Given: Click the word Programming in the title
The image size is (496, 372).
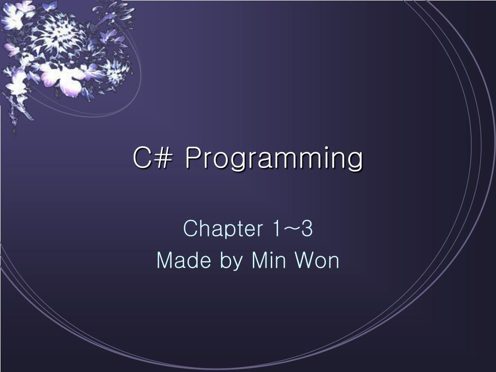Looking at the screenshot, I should tap(274, 159).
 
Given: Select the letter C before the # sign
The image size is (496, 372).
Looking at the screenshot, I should tap(141, 158).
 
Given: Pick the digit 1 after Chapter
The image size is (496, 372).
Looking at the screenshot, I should tap(276, 229).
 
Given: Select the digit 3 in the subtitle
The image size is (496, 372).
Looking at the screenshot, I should tap(306, 229).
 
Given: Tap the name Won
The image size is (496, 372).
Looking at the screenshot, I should tap(317, 261).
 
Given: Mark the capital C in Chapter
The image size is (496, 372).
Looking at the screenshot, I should tap(189, 229).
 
